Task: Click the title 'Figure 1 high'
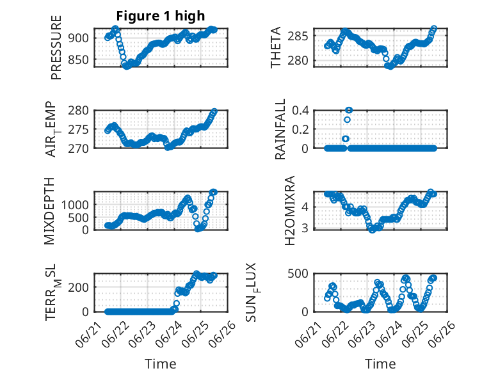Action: [161, 16]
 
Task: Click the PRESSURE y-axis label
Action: [56, 47]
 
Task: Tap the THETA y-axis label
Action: [276, 47]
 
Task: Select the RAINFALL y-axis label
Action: [280, 129]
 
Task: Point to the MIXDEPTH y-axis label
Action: [49, 211]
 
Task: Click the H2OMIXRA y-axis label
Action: [290, 210]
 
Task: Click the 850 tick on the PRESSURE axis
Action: [78, 60]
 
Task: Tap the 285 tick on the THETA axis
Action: [298, 36]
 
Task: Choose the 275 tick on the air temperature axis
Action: [78, 129]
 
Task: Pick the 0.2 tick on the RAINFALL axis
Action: [300, 129]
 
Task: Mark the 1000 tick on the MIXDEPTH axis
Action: [75, 205]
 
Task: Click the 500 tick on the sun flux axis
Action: [298, 274]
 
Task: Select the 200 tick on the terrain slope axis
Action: [78, 287]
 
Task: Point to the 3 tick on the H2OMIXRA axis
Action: [305, 228]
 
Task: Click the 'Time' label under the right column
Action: [380, 364]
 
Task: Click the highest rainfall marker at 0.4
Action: [349, 110]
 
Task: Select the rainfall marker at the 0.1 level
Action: [346, 139]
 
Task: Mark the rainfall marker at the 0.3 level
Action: [347, 120]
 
